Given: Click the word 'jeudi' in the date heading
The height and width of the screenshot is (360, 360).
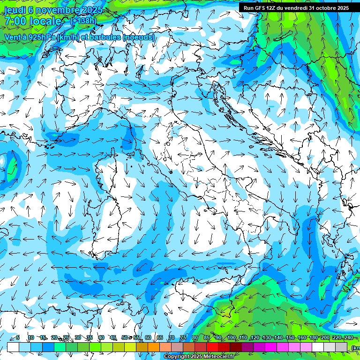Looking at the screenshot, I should point(15,10).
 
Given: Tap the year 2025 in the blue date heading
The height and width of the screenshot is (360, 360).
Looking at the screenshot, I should point(90,10).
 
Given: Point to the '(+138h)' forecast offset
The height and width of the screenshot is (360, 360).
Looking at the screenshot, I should point(83,21).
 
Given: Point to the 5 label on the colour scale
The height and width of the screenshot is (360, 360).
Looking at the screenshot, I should point(17,337).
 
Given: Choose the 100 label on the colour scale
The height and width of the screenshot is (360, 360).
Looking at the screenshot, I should point(232,337).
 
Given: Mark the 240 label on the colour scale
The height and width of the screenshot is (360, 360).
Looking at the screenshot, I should point(348,337).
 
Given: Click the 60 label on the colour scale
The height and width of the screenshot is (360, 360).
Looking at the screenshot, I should point(148,337).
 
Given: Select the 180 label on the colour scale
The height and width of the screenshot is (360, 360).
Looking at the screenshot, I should point(313,337).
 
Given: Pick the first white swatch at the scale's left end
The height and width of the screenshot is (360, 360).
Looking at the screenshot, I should point(13,347).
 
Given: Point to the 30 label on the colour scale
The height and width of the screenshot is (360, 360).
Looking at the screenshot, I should point(78,337).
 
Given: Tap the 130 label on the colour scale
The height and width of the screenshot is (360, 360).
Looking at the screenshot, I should point(266,337).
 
